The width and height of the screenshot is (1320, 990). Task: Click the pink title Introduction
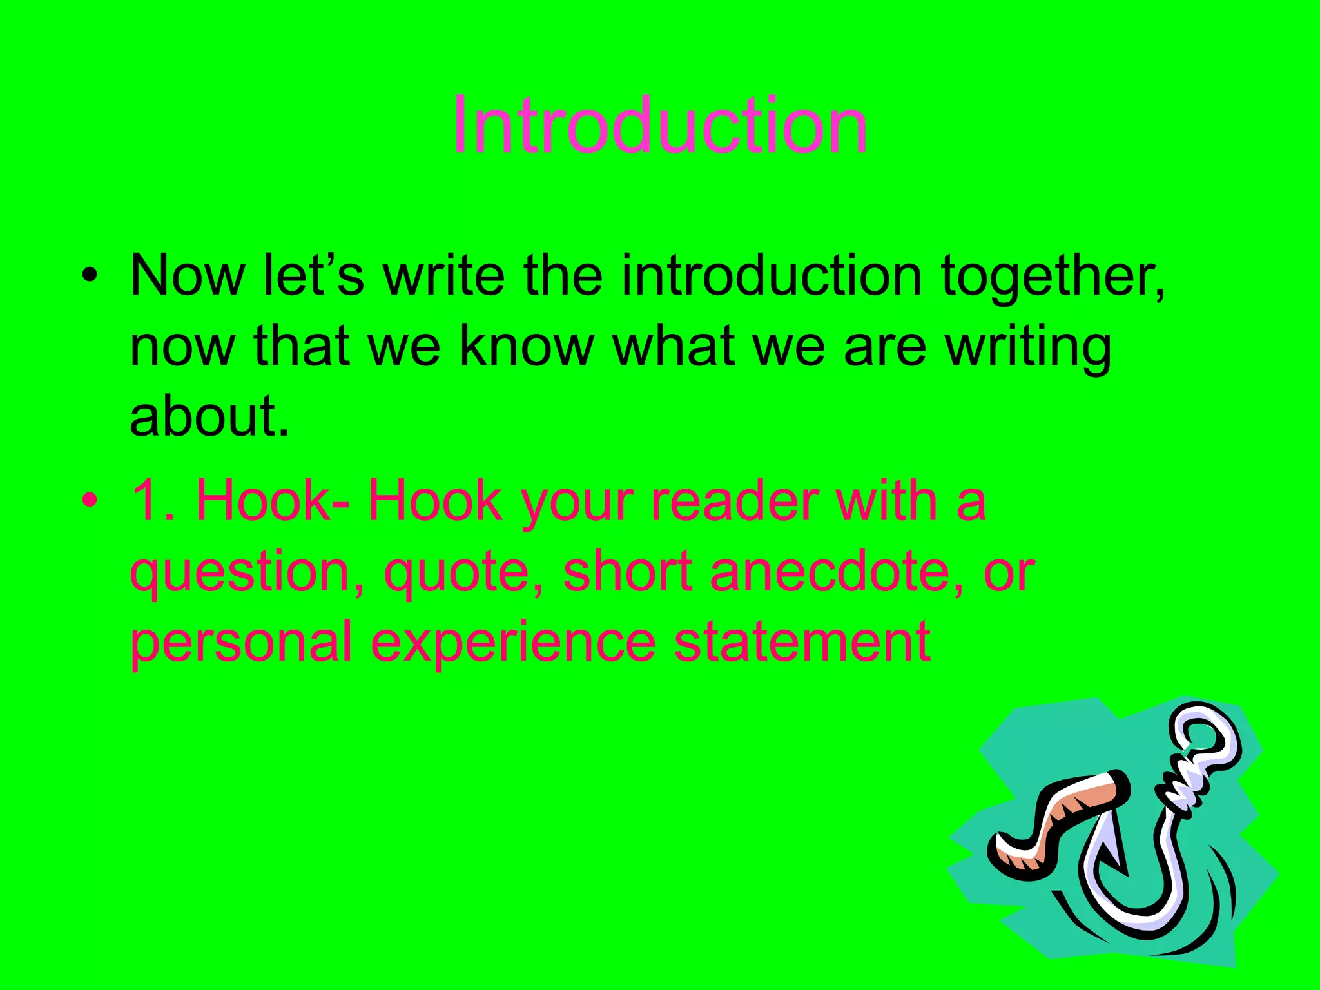(x=659, y=126)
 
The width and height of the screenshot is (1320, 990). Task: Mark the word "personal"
(x=241, y=643)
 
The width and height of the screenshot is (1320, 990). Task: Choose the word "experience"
(x=514, y=643)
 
